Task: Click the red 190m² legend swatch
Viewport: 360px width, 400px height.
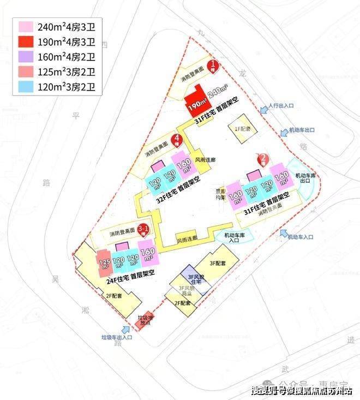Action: point(26,41)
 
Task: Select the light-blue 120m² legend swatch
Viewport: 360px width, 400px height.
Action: point(26,86)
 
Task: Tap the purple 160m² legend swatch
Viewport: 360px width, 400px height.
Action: point(26,56)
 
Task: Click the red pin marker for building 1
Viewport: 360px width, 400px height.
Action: point(216,67)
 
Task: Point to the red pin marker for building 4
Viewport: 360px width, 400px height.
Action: point(176,141)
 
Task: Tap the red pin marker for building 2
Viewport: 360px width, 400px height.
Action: point(263,159)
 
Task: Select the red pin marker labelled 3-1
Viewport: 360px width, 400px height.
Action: point(144,230)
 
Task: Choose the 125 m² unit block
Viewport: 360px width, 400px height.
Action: point(104,262)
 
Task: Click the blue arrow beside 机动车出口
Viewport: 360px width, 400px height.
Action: point(284,132)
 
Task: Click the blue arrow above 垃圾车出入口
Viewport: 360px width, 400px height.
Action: point(127,329)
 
